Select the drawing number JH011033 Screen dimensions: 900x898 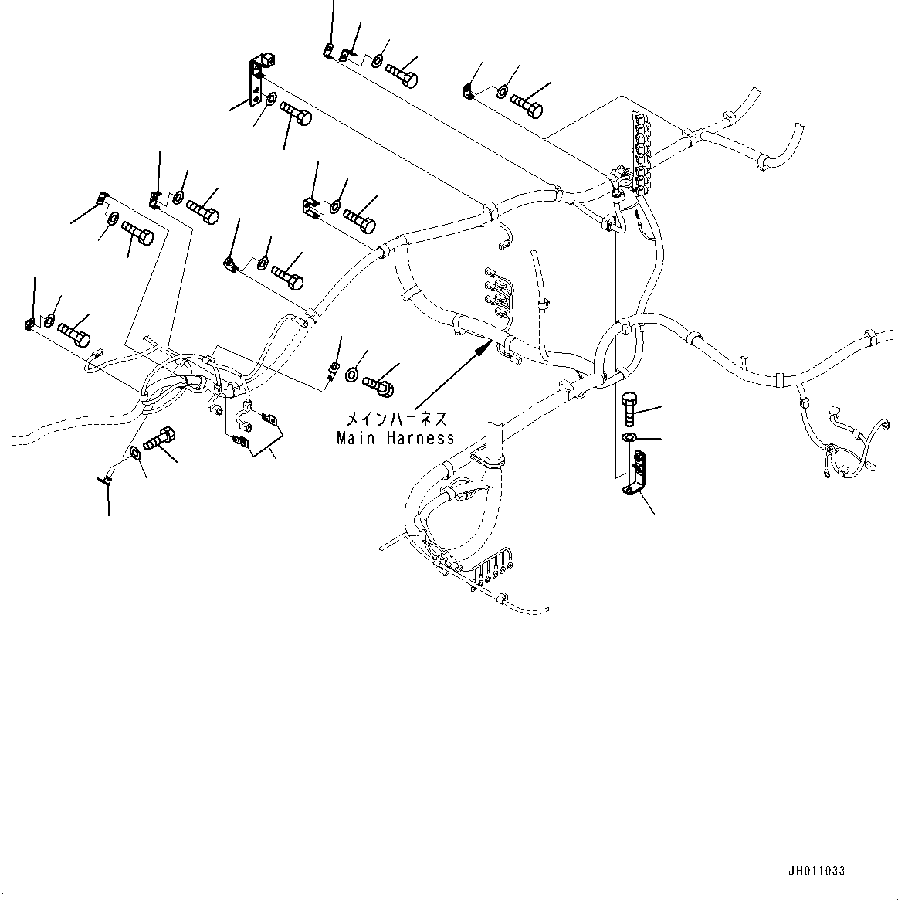pos(817,871)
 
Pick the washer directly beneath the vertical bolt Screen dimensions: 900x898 pos(629,440)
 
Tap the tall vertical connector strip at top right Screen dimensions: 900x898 pos(639,147)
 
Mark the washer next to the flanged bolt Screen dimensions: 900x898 pos(351,375)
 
